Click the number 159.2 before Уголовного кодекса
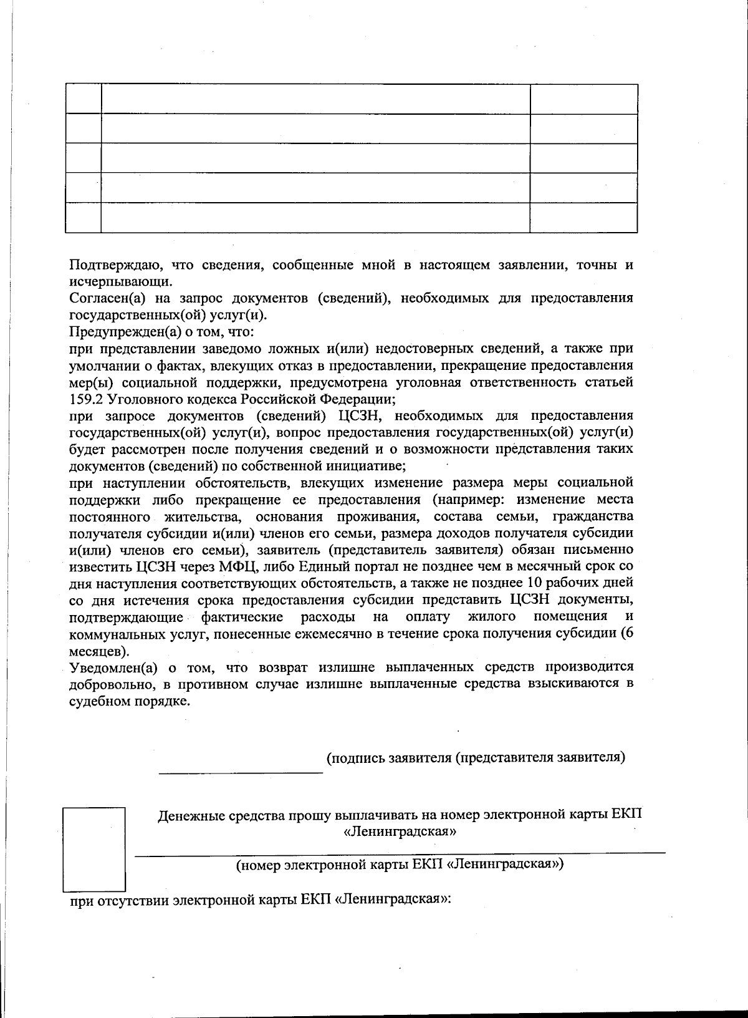pyautogui.click(x=84, y=399)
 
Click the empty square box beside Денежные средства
pyautogui.click(x=94, y=848)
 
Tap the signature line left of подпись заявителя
pyautogui.click(x=241, y=772)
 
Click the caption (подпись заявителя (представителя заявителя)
pyautogui.click(x=476, y=758)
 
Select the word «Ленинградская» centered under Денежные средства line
pyautogui.click(x=400, y=831)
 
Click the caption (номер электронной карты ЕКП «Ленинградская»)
pyautogui.click(x=400, y=865)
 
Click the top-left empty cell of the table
pyautogui.click(x=83, y=99)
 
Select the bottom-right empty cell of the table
pyautogui.click(x=583, y=218)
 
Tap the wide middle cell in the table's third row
pyautogui.click(x=315, y=158)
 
